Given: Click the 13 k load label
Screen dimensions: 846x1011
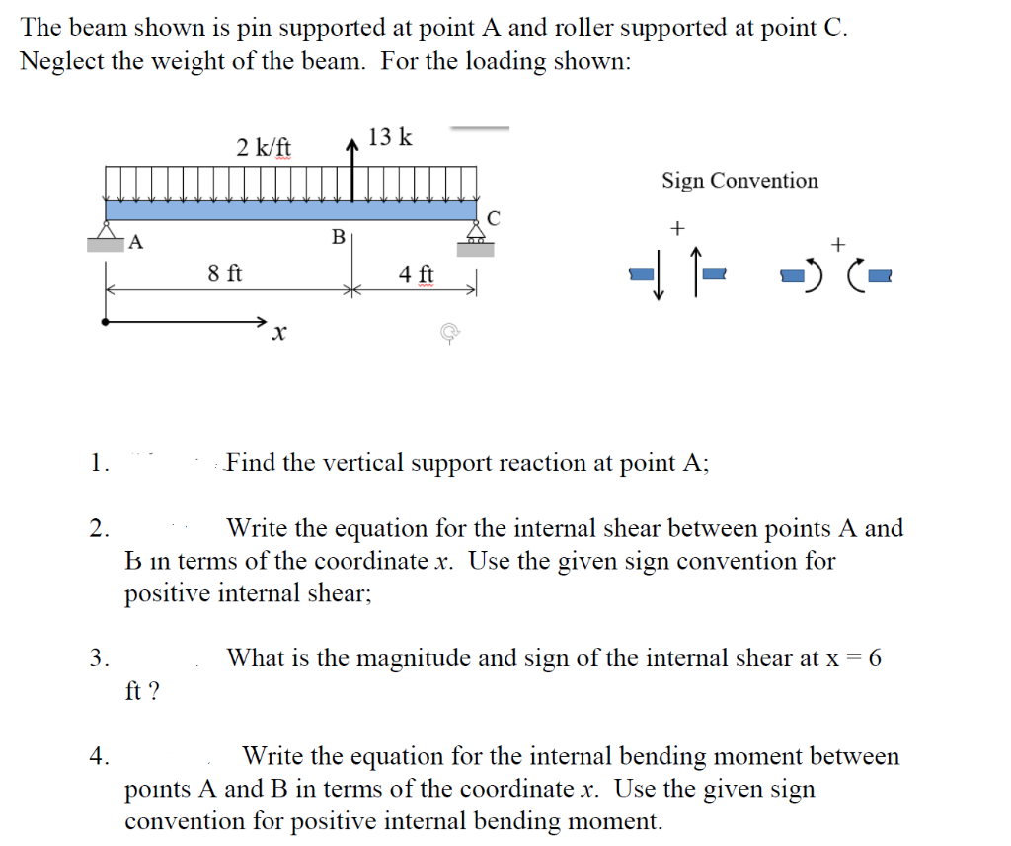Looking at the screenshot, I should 390,137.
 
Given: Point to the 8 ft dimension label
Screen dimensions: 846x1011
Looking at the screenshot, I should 225,272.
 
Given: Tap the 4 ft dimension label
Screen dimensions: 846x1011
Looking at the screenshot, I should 416,272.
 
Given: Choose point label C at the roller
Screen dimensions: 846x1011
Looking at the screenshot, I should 495,219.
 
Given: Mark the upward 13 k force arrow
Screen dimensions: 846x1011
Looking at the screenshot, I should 352,168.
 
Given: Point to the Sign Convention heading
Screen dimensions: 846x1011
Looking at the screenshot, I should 739,181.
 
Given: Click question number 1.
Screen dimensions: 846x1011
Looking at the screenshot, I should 98,463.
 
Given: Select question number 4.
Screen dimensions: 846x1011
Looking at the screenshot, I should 98,757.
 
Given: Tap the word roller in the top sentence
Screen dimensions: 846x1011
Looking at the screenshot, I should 585,28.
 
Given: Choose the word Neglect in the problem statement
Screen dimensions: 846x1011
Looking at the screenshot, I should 60,61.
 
